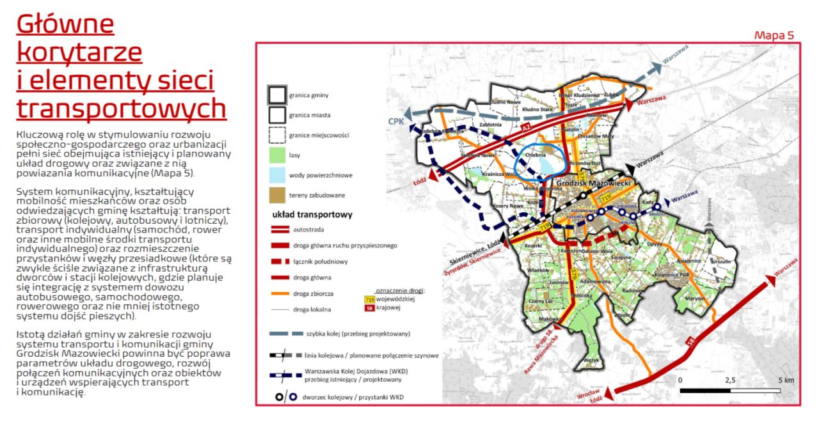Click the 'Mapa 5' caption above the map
coord(774,35)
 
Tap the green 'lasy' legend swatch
coord(276,155)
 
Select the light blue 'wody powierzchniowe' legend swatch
coord(276,175)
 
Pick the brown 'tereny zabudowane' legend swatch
coord(276,194)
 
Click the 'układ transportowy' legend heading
coord(312,215)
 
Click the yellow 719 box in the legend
coord(369,299)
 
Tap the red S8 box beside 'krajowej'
coord(369,308)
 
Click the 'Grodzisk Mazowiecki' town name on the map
coord(594,183)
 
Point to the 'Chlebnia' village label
coord(534,155)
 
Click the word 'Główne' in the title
coord(65,24)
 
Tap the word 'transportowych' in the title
coord(121,109)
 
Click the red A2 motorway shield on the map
coord(527,129)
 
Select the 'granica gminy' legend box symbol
coord(276,95)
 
